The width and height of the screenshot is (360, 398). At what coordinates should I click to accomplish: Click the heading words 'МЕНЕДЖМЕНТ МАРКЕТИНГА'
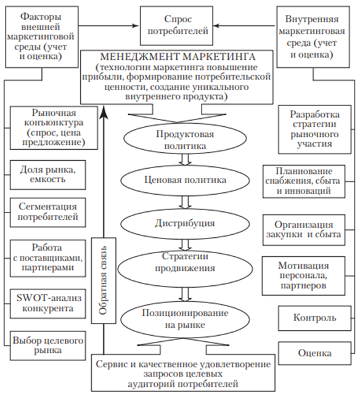[178, 57]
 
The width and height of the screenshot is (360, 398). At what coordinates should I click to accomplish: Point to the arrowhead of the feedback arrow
[104, 112]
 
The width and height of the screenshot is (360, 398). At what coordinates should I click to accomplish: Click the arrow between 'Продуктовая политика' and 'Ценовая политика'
[185, 160]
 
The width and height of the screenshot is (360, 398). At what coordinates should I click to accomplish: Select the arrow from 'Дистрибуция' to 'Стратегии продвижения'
[185, 245]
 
